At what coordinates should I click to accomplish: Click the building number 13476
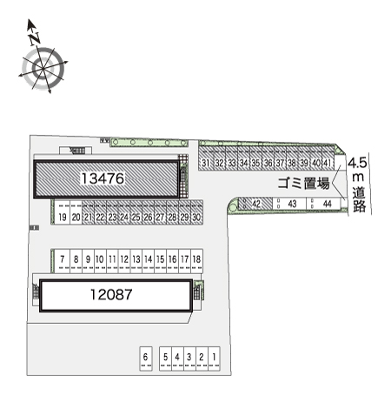(x=104, y=178)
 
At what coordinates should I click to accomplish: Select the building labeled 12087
(x=111, y=294)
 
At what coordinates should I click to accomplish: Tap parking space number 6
(x=146, y=358)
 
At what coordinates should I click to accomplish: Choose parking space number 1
(x=213, y=358)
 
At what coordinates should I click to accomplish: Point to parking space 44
(x=325, y=205)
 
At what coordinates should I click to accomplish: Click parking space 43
(x=293, y=205)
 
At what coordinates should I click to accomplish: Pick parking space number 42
(x=257, y=205)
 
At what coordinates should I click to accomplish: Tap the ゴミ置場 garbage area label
(x=303, y=183)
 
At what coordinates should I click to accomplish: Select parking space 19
(x=63, y=217)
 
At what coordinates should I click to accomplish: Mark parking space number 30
(x=197, y=217)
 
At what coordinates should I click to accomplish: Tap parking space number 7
(x=63, y=259)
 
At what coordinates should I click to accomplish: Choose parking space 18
(x=197, y=259)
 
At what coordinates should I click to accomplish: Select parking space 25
(x=136, y=217)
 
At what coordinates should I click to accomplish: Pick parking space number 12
(x=124, y=259)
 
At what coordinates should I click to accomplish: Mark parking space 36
(x=268, y=163)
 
